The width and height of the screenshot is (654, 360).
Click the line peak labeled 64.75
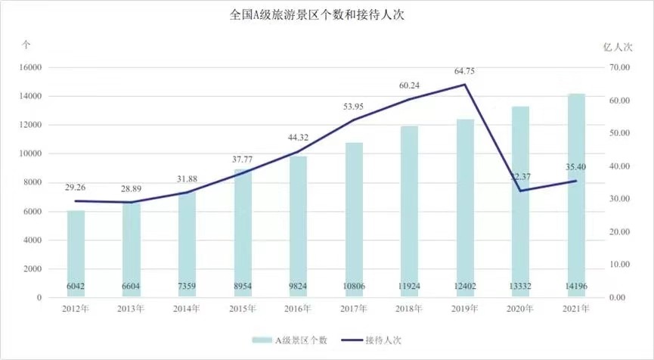pos(465,84)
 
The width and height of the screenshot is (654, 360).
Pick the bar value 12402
pos(465,286)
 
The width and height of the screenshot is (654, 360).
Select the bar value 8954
pos(243,286)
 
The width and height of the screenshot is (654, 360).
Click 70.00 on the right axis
pos(619,67)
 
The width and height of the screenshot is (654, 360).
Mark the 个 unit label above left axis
pos(26,45)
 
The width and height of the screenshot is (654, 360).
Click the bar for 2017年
pos(354,219)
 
